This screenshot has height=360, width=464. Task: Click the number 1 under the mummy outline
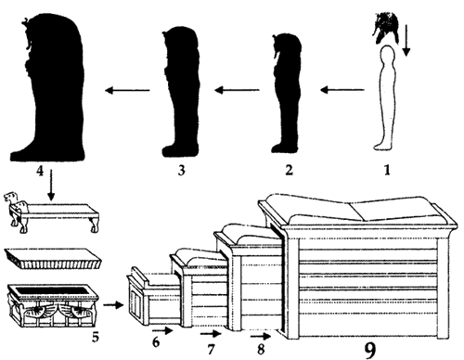pos(387,170)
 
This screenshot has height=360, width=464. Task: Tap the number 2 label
pos(289,170)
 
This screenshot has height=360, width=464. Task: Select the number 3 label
pos(182,170)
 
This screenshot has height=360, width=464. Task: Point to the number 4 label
pos(40,171)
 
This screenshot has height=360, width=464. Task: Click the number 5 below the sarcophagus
pos(96,337)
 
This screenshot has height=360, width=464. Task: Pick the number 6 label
pos(156,342)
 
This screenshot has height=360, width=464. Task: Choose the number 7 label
pos(211,349)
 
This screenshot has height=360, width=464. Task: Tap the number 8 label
pos(261,349)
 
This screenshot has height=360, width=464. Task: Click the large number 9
pos(369,350)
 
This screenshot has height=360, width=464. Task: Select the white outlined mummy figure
pos(384,97)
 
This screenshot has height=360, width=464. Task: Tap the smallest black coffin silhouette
pos(286,94)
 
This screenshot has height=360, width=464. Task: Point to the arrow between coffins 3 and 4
pos(127,90)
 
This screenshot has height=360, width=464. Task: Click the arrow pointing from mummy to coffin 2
pos(342,90)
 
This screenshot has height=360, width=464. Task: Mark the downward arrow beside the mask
pos(406,39)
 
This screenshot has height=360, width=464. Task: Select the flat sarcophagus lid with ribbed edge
pos(53,259)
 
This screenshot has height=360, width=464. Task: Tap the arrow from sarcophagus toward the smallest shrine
pos(113,305)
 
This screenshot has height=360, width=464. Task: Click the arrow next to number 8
pos(261,336)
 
